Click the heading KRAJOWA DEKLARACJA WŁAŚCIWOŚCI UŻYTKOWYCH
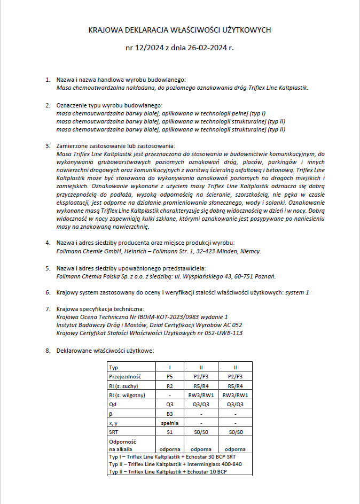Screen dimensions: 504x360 click(179, 30)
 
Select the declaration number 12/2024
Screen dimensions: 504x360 click(150, 48)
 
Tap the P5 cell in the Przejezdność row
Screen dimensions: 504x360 click(169, 376)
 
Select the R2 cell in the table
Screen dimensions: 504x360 click(169, 385)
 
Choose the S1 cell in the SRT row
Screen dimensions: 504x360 click(169, 431)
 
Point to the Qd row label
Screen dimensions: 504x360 click(112, 404)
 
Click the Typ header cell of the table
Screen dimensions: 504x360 click(113, 367)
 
